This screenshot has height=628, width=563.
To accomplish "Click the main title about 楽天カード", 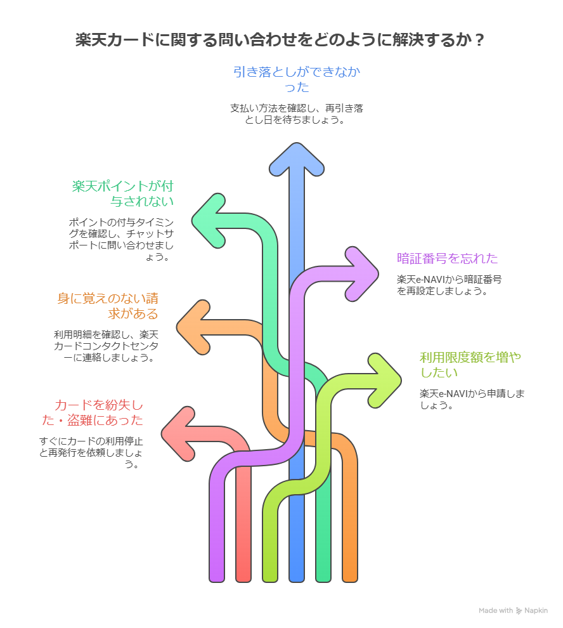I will coord(281,40).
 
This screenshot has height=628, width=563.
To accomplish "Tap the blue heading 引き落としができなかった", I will coord(297,79).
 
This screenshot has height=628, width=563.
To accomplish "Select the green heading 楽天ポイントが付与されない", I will coord(123,193).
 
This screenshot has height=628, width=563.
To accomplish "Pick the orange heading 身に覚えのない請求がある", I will coord(108,305).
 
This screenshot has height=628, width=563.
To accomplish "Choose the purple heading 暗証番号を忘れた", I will coord(448,258).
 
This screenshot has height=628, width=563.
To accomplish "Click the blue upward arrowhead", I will coord(297,159).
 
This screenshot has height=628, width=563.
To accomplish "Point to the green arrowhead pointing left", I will coord(209,219).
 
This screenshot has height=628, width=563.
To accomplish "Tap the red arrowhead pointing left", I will coord(178,434).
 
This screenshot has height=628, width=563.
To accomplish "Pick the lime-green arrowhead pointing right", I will coord(385,380).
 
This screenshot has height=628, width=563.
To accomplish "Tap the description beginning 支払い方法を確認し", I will coord(297,114).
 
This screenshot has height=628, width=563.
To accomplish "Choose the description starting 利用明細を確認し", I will coord(107,346).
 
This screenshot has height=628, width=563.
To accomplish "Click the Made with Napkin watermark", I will coord(514,610).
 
